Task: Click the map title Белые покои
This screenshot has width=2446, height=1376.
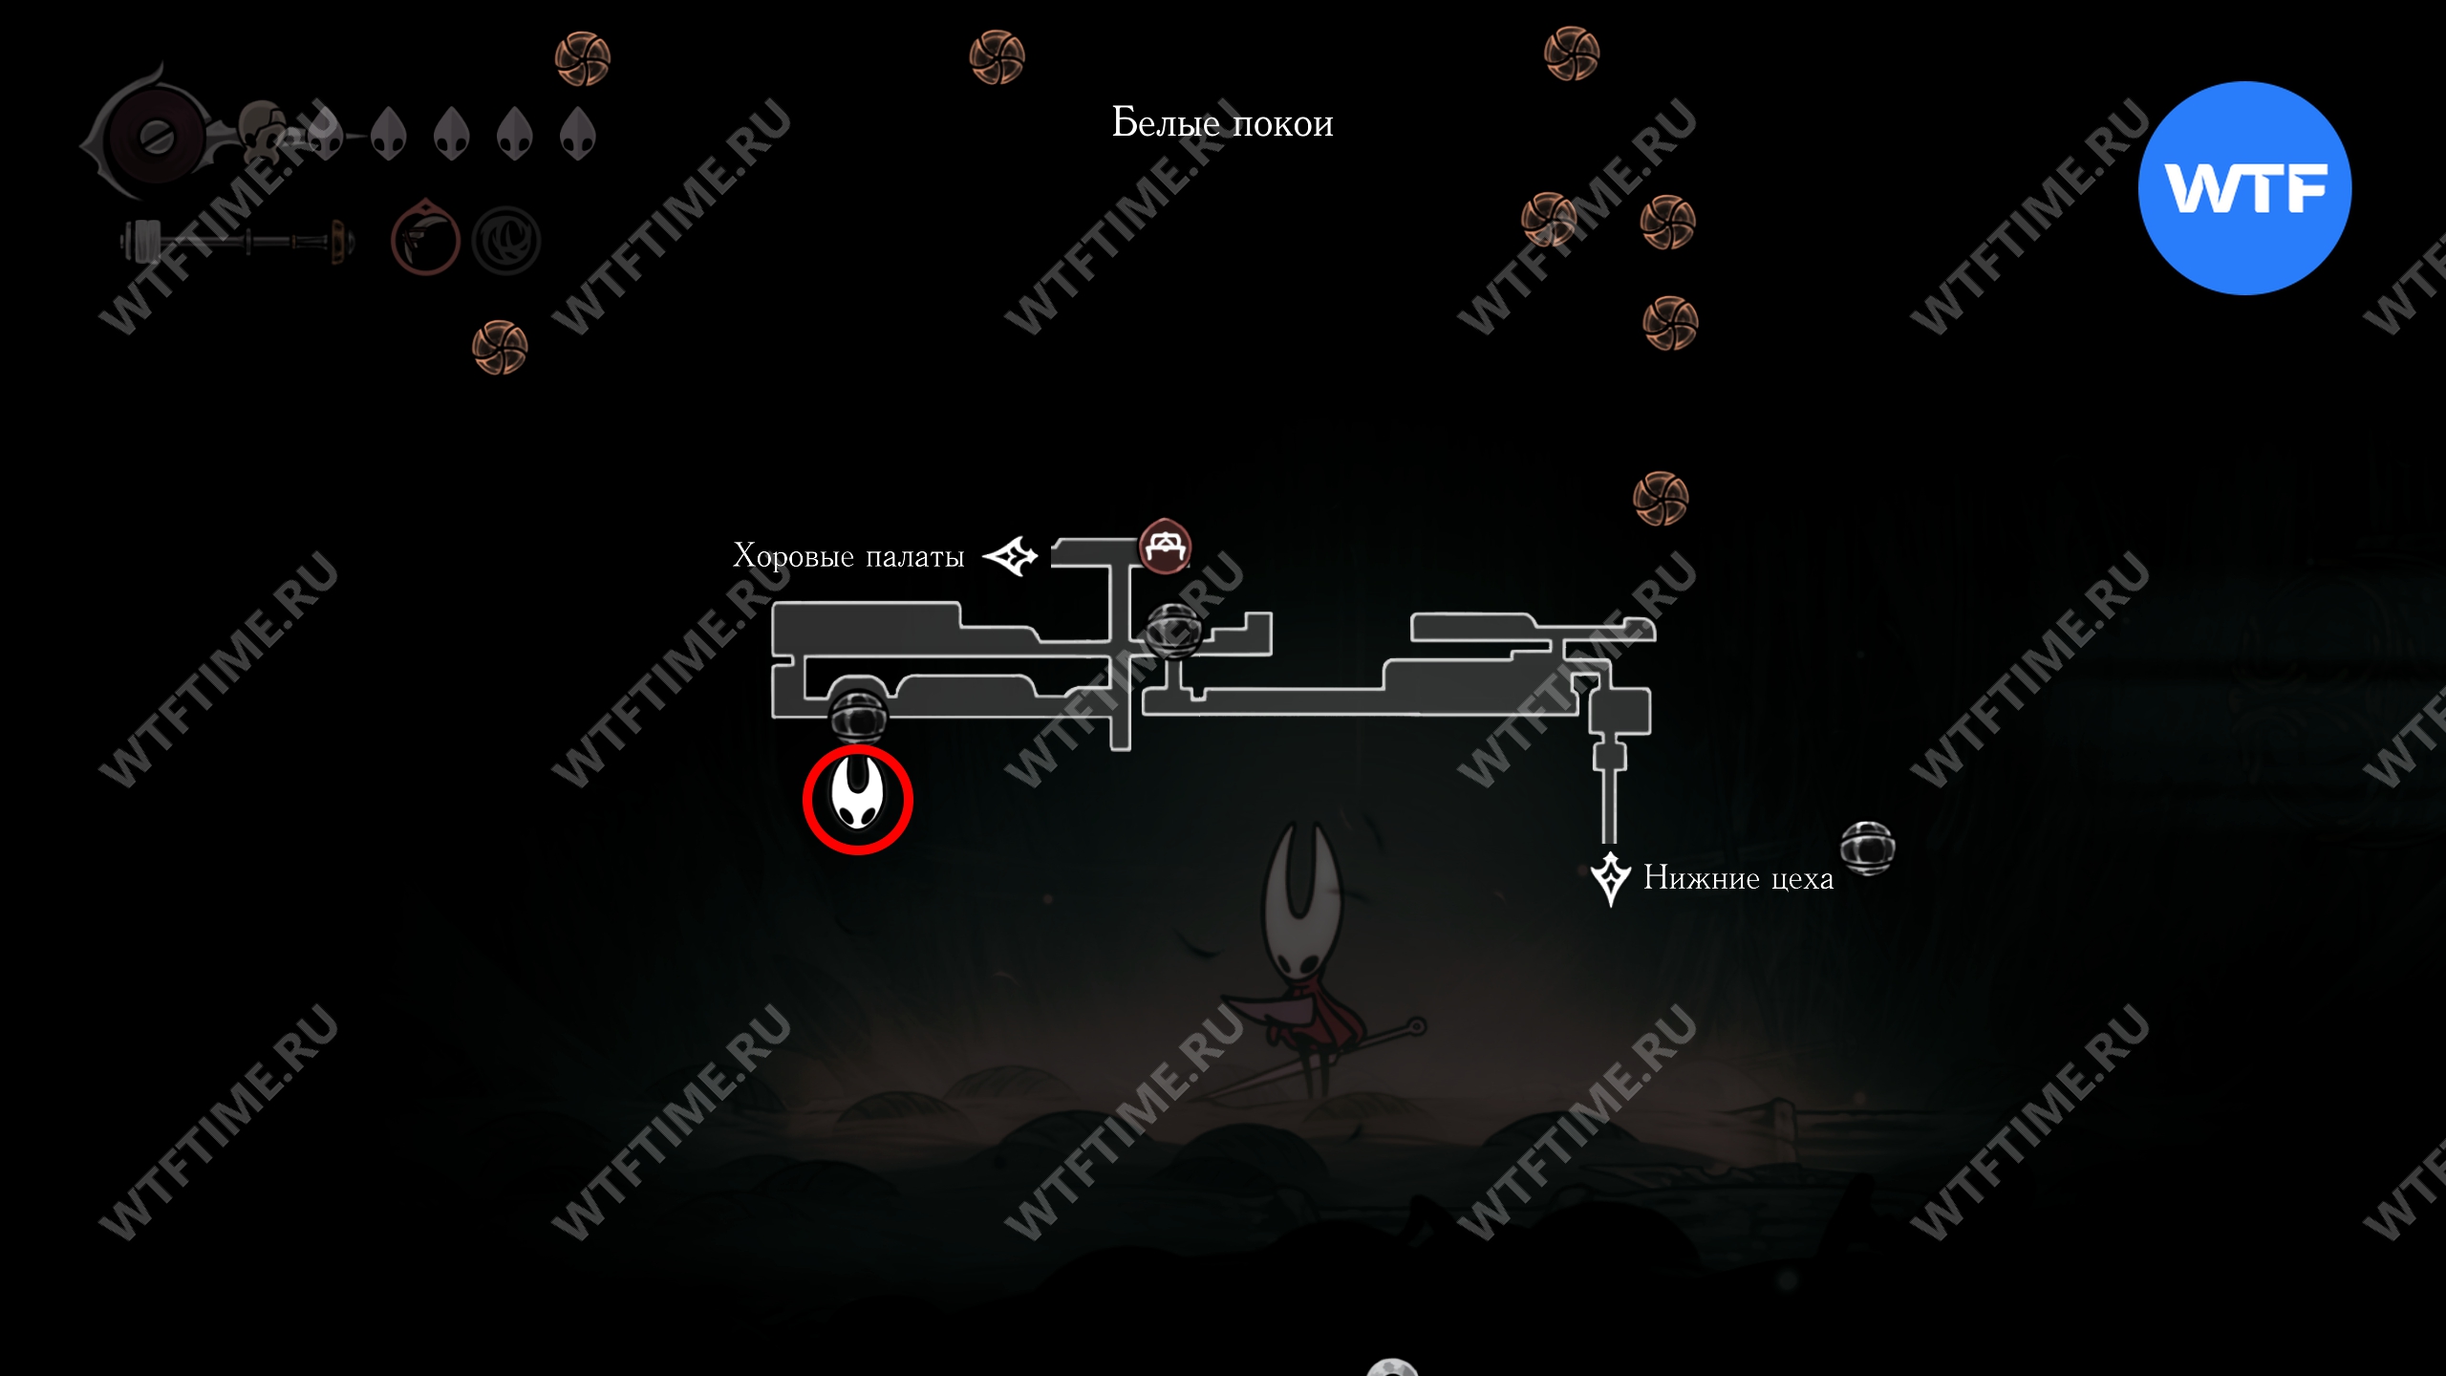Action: pyautogui.click(x=1222, y=123)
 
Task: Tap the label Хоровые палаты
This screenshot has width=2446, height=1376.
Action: pyautogui.click(x=848, y=556)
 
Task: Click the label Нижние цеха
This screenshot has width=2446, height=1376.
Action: pyautogui.click(x=1738, y=878)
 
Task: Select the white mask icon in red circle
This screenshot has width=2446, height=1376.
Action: pyautogui.click(x=857, y=799)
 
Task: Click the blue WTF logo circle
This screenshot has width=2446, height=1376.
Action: pyautogui.click(x=2244, y=188)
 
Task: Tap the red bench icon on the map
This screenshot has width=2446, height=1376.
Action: pyautogui.click(x=1165, y=548)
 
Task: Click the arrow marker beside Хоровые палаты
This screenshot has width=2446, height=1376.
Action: pyautogui.click(x=1011, y=555)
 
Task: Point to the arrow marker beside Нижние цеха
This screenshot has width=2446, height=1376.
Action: pyautogui.click(x=1610, y=878)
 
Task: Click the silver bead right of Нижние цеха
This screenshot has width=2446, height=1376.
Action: pyautogui.click(x=1867, y=848)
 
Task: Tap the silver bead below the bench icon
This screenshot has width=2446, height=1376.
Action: pyautogui.click(x=1173, y=631)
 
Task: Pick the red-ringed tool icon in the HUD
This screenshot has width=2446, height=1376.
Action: pyautogui.click(x=425, y=239)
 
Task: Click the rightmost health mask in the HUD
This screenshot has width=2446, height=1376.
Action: pyautogui.click(x=578, y=134)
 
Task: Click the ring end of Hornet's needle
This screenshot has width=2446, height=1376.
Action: pyautogui.click(x=1416, y=1027)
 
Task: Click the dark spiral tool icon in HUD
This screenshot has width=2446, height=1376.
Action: pyautogui.click(x=506, y=241)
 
